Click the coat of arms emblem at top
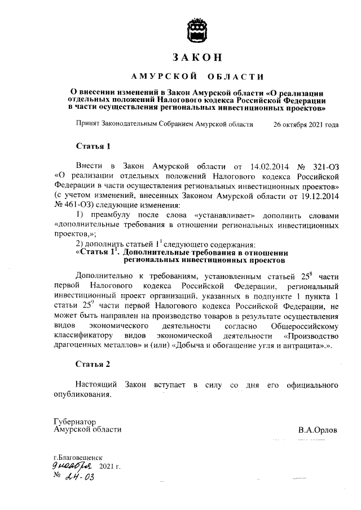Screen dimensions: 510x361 pyautogui.click(x=197, y=29)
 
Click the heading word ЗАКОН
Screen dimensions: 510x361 pyautogui.click(x=197, y=57)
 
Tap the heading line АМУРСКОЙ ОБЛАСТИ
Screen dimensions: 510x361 pyautogui.click(x=197, y=77)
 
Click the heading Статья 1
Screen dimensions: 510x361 pyautogui.click(x=93, y=146)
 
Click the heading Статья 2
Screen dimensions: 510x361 pyautogui.click(x=93, y=364)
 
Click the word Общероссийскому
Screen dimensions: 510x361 pyautogui.click(x=305, y=326)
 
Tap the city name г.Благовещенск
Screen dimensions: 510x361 pyautogui.click(x=78, y=459)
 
